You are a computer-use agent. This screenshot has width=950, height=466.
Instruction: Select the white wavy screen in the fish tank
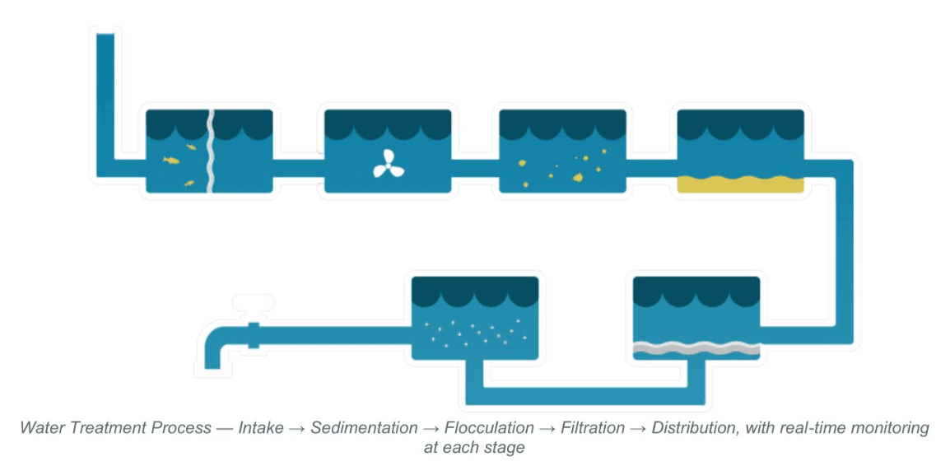click(210, 151)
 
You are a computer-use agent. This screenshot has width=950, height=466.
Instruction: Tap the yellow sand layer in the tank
click(739, 184)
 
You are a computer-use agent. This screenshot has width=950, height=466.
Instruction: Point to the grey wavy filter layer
click(696, 349)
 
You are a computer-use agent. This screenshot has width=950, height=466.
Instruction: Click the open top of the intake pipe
click(105, 35)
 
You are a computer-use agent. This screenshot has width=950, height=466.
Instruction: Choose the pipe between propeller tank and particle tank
click(475, 168)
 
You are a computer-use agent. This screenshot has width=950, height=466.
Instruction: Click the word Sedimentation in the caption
click(364, 428)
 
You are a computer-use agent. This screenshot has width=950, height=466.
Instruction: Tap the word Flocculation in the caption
click(488, 428)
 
